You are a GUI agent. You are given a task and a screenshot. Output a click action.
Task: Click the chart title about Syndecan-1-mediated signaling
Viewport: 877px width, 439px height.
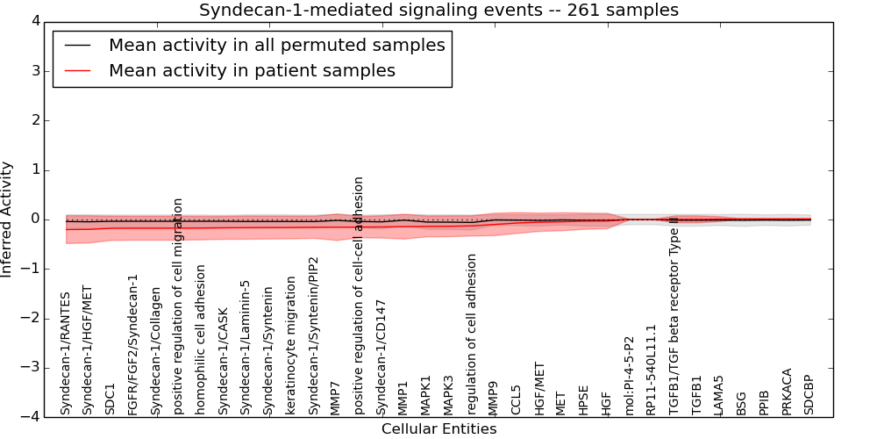[x=438, y=11]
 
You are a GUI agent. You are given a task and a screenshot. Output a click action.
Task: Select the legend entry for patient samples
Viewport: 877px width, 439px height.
[x=252, y=70]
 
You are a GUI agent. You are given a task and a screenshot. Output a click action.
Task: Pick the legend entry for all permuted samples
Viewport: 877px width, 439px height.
[x=276, y=45]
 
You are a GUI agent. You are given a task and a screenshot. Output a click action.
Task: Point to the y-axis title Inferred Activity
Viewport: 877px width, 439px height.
[x=8, y=219]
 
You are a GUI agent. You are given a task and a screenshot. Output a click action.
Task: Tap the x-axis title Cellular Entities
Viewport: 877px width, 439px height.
[x=438, y=429]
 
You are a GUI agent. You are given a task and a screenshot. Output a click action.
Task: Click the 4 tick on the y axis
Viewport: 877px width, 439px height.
[x=39, y=21]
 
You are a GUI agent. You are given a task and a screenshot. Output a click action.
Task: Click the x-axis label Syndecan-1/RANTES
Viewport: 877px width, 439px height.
[x=66, y=354]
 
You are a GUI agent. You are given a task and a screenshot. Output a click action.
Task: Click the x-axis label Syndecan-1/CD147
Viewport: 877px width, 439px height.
[x=381, y=356]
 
